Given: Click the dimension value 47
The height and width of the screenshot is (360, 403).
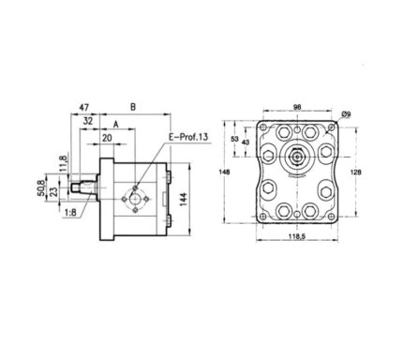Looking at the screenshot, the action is coord(83,108).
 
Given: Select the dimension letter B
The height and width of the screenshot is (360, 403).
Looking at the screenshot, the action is coord(133,107).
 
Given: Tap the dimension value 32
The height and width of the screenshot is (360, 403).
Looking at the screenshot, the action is coord(88,121).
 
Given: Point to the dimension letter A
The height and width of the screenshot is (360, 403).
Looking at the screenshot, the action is coord(116,125).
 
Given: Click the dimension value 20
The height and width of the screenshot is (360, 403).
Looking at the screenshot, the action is coord(107,138).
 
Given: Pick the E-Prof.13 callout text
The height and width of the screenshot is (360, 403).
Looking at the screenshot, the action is coord(188,137).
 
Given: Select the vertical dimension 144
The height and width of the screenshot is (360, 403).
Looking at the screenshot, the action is coord(184,199).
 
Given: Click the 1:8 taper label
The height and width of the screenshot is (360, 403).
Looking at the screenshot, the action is coord(70,213).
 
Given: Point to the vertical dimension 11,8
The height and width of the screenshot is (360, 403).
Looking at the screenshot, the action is coord(64,163).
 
